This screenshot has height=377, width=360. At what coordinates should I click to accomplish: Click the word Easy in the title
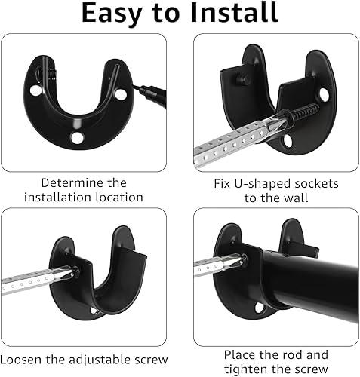point(115,13)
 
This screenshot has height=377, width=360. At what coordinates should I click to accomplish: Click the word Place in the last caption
point(243,354)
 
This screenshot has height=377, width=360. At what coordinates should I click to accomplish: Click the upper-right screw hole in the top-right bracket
point(324,95)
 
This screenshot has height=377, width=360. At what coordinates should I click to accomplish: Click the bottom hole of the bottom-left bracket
point(95,311)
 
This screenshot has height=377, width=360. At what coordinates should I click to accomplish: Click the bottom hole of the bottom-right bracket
point(259,308)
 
